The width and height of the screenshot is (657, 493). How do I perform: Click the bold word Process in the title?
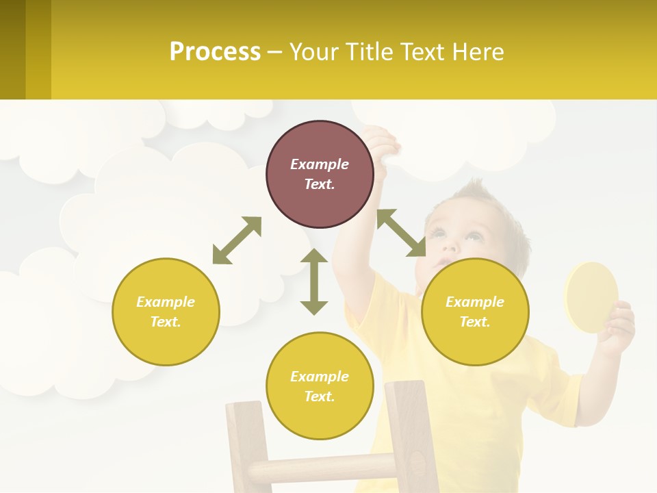pyautogui.click(x=215, y=52)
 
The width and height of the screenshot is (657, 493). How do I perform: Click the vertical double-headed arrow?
pyautogui.click(x=314, y=281)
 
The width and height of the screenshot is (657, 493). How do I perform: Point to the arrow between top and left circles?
pyautogui.click(x=237, y=240)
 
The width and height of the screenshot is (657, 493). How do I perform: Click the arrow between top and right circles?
pyautogui.click(x=401, y=233)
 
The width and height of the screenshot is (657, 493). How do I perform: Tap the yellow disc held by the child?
pyautogui.click(x=590, y=296)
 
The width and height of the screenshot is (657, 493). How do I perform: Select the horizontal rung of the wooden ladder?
pyautogui.click(x=322, y=469)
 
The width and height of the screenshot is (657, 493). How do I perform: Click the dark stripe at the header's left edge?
pyautogui.click(x=12, y=49)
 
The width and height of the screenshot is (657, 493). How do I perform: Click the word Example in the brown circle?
pyautogui.click(x=320, y=164)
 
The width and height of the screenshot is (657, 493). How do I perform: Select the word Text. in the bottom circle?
pyautogui.click(x=320, y=396)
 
